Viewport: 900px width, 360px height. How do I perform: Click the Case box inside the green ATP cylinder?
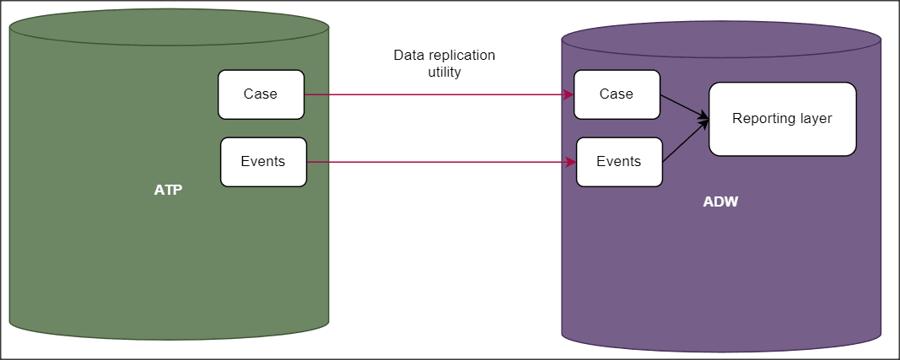click(x=261, y=94)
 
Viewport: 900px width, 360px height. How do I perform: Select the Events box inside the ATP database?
click(x=263, y=162)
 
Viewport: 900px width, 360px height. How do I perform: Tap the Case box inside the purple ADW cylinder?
click(x=616, y=94)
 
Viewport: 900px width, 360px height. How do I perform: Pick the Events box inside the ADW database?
click(x=618, y=162)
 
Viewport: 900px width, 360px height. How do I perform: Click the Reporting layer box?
click(x=782, y=119)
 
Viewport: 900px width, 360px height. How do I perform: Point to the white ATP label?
click(x=168, y=190)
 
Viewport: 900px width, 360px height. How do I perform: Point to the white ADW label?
click(x=720, y=202)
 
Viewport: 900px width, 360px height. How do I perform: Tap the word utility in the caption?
click(x=445, y=73)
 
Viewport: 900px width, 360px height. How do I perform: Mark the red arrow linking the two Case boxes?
click(x=439, y=94)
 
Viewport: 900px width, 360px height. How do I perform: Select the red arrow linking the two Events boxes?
click(x=439, y=162)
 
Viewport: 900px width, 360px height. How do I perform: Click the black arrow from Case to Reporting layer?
click(x=683, y=106)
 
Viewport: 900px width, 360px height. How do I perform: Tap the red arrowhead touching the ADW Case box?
click(x=569, y=94)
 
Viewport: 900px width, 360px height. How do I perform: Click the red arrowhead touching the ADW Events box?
click(x=571, y=162)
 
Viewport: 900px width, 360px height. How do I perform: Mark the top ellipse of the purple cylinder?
click(x=720, y=38)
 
